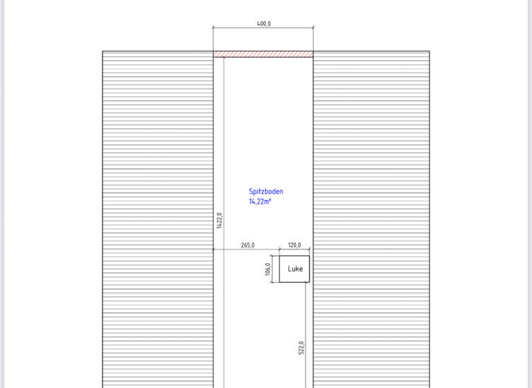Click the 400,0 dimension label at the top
pyautogui.click(x=263, y=23)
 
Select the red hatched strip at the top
pyautogui.click(x=263, y=54)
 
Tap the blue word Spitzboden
pyautogui.click(x=266, y=192)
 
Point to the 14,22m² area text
pyautogui.click(x=260, y=202)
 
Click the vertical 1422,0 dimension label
pyautogui.click(x=219, y=220)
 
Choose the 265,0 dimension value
pyautogui.click(x=247, y=245)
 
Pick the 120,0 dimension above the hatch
pyautogui.click(x=294, y=245)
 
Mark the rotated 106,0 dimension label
pyautogui.click(x=267, y=269)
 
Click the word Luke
pyautogui.click(x=295, y=269)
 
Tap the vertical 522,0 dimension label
pyautogui.click(x=301, y=347)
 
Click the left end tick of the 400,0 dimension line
pyautogui.click(x=213, y=28)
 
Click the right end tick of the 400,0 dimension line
pyautogui.click(x=313, y=28)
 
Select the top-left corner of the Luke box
pyautogui.click(x=280, y=256)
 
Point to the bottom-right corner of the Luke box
pyautogui.click(x=310, y=282)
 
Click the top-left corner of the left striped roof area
pyautogui.click(x=103, y=51)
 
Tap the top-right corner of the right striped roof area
pyautogui.click(x=429, y=51)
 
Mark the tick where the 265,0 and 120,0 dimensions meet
pyautogui.click(x=280, y=249)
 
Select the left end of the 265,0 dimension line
pyautogui.click(x=213, y=249)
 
